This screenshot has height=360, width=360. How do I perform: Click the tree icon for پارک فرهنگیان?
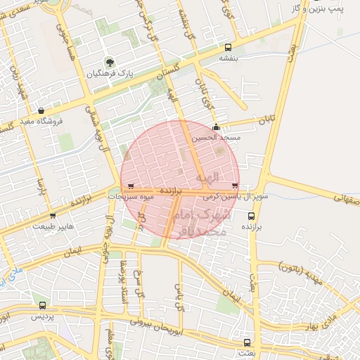[108, 62]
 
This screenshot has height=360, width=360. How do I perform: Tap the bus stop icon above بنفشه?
[227, 47]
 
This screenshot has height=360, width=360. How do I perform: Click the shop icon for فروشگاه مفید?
[41, 110]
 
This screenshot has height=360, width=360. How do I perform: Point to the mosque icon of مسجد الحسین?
[215, 128]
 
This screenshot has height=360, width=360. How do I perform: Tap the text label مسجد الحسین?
[221, 138]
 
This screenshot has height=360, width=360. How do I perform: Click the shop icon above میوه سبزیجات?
[131, 187]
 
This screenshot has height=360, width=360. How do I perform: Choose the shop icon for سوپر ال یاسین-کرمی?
[234, 187]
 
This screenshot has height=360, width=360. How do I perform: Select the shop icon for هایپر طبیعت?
[53, 216]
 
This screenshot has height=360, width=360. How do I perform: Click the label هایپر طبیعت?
[49, 226]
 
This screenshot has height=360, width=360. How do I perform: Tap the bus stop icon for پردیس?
[43, 305]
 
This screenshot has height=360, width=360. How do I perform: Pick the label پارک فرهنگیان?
[109, 74]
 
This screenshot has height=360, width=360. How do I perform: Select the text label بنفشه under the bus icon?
[227, 58]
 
